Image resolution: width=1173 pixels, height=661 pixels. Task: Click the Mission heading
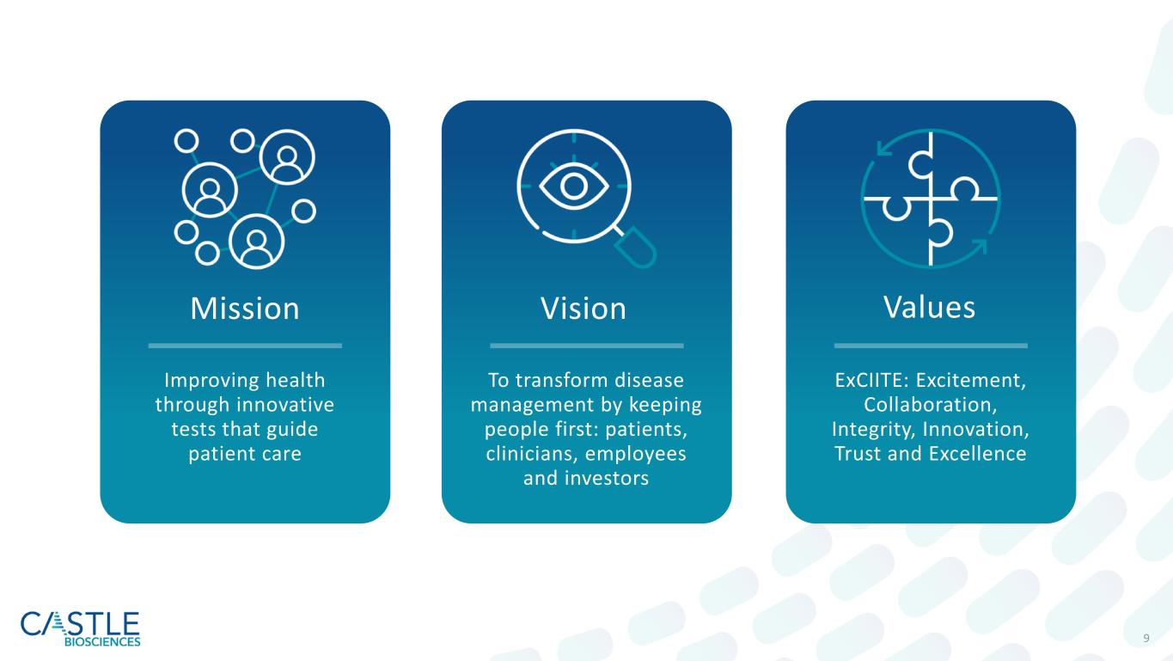tap(245, 308)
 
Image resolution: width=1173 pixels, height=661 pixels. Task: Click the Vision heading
tap(583, 308)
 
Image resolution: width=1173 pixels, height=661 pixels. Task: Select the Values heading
tap(930, 307)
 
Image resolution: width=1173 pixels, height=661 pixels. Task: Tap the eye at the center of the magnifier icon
tap(574, 186)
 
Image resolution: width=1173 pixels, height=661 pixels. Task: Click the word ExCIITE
tap(868, 380)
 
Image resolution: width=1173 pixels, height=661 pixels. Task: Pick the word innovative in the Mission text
tap(285, 404)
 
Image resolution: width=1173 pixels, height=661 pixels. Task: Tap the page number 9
tap(1146, 638)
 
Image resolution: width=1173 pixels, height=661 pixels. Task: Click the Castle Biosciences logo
tap(81, 628)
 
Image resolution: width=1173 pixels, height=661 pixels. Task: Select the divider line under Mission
tap(245, 346)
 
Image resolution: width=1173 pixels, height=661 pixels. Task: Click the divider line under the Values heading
tap(931, 346)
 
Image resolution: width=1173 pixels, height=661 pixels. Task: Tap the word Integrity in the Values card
tap(873, 430)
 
